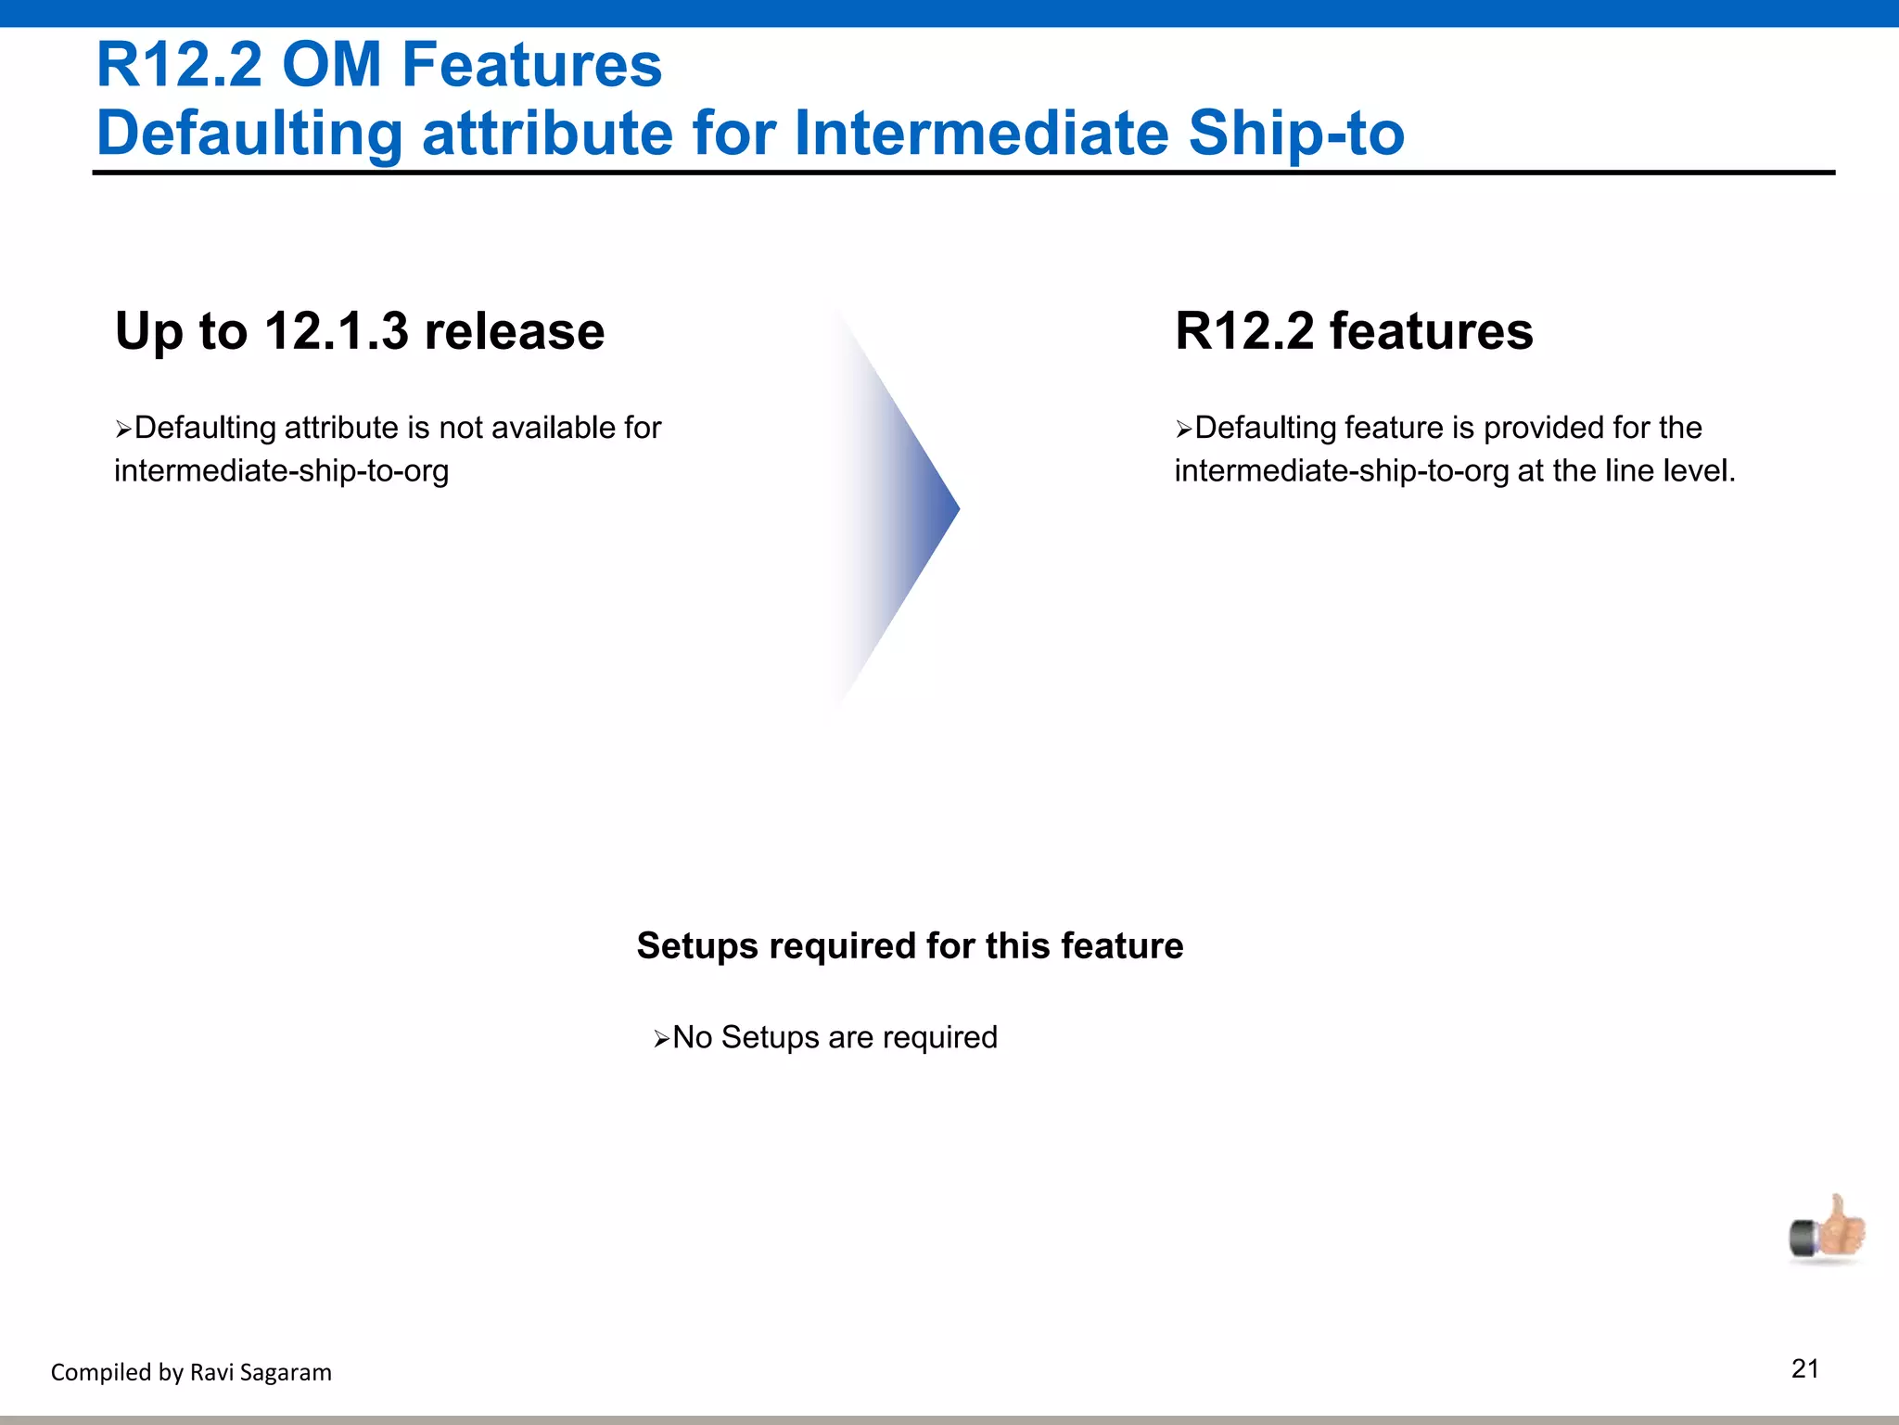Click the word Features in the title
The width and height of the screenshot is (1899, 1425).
(531, 65)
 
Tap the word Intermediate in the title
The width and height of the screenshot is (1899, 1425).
(983, 133)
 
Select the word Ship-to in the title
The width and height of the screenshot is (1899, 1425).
(1295, 133)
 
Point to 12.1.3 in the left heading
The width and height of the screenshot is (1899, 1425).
(336, 331)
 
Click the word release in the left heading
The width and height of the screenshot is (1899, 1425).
(514, 331)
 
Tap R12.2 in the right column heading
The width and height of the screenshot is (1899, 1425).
(1243, 331)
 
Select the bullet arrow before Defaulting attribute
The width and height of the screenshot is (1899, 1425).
(123, 430)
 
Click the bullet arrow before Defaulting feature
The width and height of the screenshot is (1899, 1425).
(1183, 430)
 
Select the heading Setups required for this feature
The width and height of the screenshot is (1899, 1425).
(910, 946)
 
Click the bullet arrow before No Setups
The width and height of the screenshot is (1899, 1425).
(661, 1039)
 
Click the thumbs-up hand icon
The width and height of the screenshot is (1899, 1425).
(1828, 1230)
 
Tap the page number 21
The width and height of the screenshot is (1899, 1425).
(1804, 1368)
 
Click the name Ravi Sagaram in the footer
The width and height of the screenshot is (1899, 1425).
(261, 1372)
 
